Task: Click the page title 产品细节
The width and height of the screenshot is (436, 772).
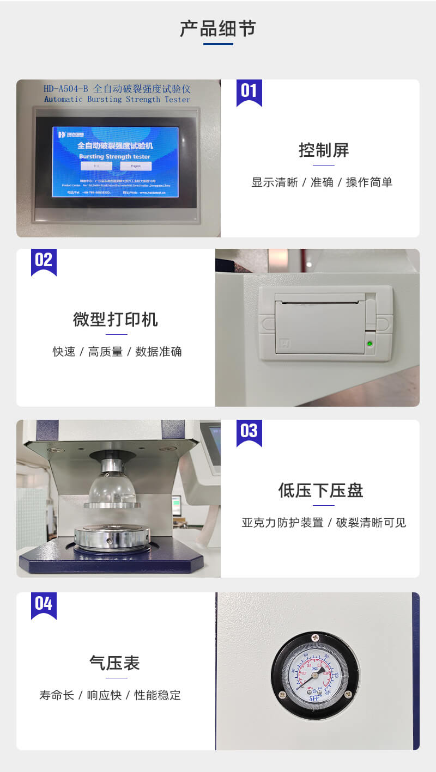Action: (217, 29)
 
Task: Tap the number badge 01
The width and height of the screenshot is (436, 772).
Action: (249, 91)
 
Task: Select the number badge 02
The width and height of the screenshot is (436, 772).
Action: (44, 260)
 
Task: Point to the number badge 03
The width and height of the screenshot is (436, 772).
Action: (249, 431)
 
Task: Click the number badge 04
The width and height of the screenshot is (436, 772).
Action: (44, 604)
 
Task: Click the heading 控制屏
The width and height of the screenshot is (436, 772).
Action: (323, 150)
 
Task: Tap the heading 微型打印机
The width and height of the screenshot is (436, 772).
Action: (116, 320)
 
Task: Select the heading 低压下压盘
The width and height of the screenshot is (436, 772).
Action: (320, 491)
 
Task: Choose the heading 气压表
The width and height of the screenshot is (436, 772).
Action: (115, 663)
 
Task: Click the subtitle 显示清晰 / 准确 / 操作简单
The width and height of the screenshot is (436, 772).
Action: (322, 182)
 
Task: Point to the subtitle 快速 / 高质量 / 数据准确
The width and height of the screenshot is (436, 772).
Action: (117, 352)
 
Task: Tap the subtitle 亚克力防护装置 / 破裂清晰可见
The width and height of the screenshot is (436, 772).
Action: (324, 523)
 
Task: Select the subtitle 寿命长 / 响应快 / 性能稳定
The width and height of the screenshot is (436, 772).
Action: (110, 695)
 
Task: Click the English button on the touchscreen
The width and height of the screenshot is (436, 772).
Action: (136, 166)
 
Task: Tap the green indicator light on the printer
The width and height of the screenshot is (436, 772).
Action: (370, 344)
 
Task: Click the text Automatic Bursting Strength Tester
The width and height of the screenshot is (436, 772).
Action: (117, 100)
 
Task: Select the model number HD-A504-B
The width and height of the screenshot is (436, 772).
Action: (66, 89)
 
